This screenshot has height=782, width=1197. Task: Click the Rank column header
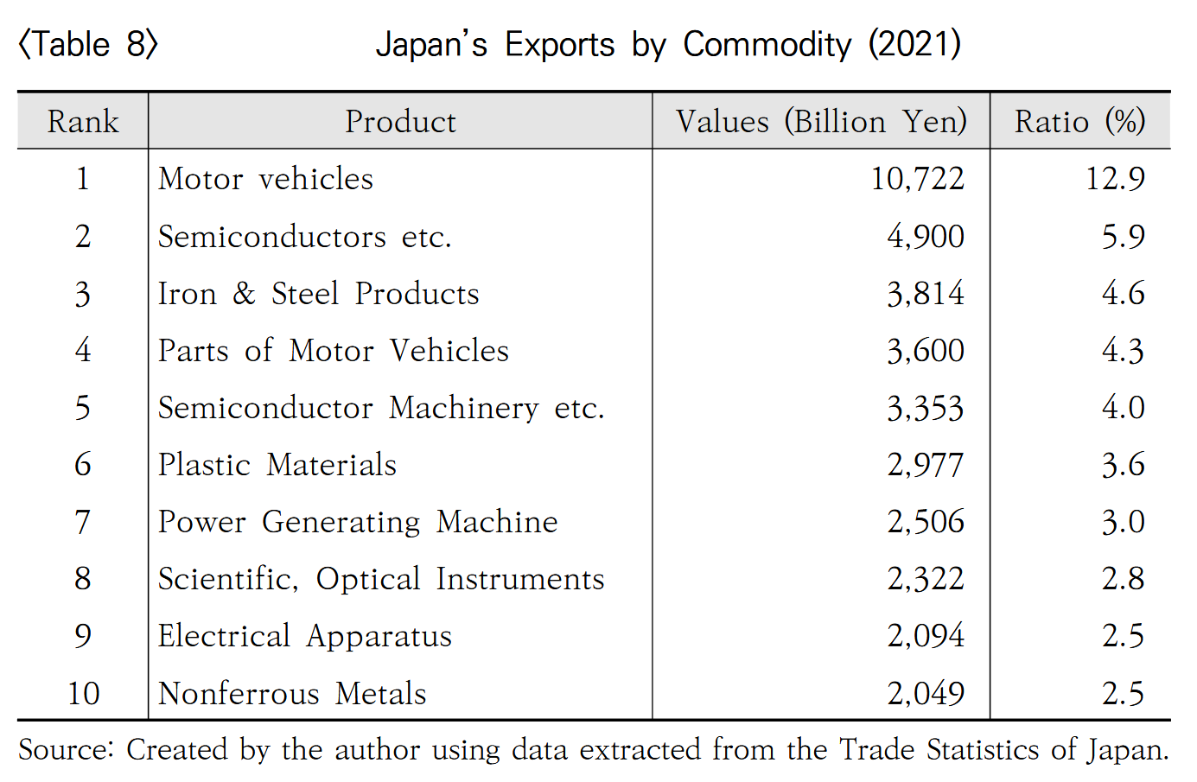83,122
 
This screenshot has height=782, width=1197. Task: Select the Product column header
400,122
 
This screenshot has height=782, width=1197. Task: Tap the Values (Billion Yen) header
821,122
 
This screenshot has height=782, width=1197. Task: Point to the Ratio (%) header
1079,122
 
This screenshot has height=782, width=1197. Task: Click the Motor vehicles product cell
265,179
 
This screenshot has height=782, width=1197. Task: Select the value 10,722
917,179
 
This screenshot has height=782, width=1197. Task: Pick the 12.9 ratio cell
1115,179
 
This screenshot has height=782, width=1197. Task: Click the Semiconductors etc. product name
304,237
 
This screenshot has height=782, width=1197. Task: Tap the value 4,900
925,237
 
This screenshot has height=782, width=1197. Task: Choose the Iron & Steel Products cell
318,294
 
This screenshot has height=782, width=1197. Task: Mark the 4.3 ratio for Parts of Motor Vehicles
1123,351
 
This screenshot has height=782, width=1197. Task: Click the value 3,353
925,408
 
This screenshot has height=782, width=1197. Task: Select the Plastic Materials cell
277,465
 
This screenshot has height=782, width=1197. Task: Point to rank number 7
83,522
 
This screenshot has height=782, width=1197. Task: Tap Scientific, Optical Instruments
381,579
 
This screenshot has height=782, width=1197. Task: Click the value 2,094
925,636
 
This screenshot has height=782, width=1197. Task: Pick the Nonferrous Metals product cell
292,694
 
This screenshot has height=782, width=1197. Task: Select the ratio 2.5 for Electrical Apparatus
1123,636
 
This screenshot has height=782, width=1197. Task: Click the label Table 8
88,44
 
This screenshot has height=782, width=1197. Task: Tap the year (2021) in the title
914,44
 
